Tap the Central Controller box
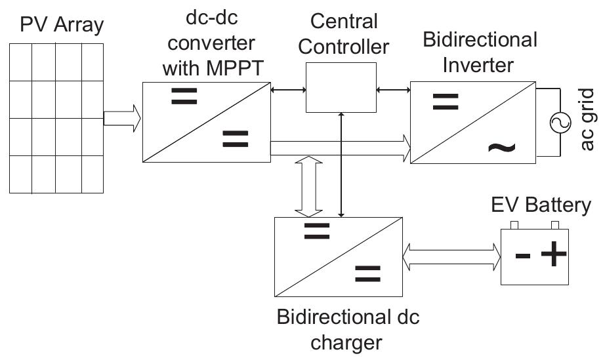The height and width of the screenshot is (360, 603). coord(341,87)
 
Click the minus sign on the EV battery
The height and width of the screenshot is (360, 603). coord(523,254)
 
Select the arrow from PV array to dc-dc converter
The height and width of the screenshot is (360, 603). coord(122,118)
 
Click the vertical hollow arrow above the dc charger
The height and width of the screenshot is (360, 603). coord(308,186)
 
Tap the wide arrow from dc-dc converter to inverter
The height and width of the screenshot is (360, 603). coord(341,146)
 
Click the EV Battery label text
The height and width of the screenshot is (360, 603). coord(541,205)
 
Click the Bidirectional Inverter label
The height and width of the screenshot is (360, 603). coord(480,52)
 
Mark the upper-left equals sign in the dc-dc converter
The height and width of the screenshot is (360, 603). coord(184,96)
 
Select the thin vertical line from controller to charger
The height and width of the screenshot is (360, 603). coord(341,164)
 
